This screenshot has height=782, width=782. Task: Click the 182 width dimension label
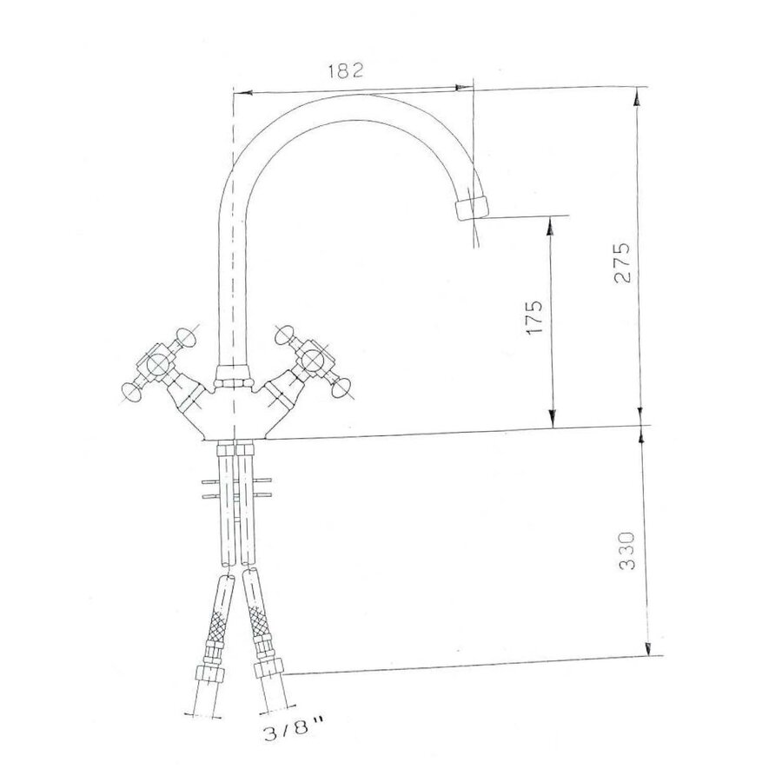[x=345, y=72]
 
